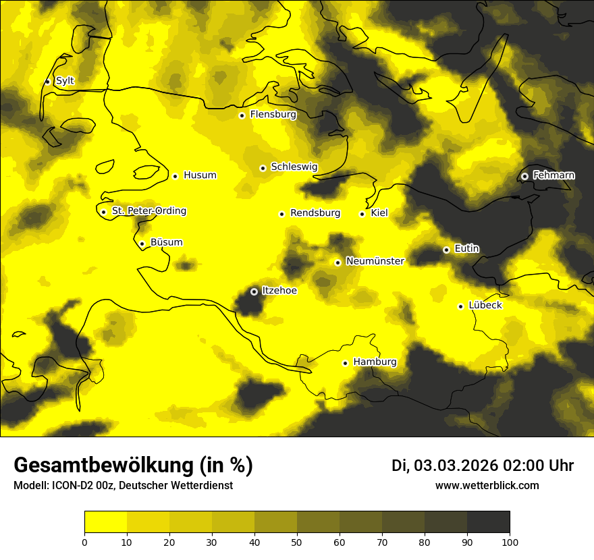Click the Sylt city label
coord(65,81)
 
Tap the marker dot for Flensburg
coord(242,115)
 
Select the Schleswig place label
coord(294,167)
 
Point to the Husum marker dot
coord(175,176)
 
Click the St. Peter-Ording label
coord(148,211)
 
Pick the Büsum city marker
coord(142,244)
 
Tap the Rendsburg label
coord(315,213)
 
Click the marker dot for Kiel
coord(362,214)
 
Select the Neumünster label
coord(375,261)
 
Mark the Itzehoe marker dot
coord(254,291)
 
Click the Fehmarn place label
coord(553,175)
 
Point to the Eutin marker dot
coord(446,250)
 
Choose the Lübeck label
coord(485,305)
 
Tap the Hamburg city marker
coord(345,363)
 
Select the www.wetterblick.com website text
coord(487,486)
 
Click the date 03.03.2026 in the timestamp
coord(456,466)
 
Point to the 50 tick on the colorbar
coord(297,541)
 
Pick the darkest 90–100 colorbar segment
coord(488,522)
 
